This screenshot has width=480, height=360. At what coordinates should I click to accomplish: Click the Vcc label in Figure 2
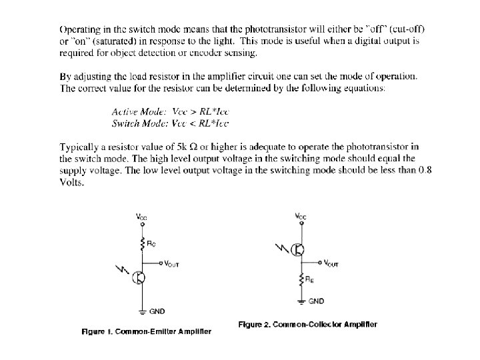(x=301, y=217)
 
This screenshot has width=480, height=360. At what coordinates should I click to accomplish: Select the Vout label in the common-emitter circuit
(x=171, y=264)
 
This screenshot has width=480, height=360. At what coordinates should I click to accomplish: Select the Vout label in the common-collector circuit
(x=331, y=263)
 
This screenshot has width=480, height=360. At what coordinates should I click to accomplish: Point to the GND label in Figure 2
(x=316, y=301)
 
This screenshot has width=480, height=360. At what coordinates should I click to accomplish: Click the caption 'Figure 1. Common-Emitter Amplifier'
(x=147, y=331)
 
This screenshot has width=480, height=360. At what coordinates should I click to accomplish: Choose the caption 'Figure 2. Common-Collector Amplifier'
(x=307, y=325)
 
